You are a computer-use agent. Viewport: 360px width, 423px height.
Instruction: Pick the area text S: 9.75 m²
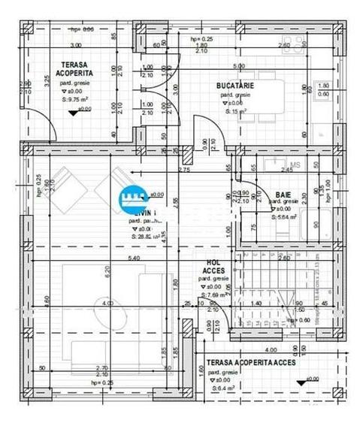coord(76,98)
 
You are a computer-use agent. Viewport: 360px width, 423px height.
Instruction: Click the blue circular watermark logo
coord(134,199)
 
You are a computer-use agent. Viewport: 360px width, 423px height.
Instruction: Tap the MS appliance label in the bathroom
coord(295,165)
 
